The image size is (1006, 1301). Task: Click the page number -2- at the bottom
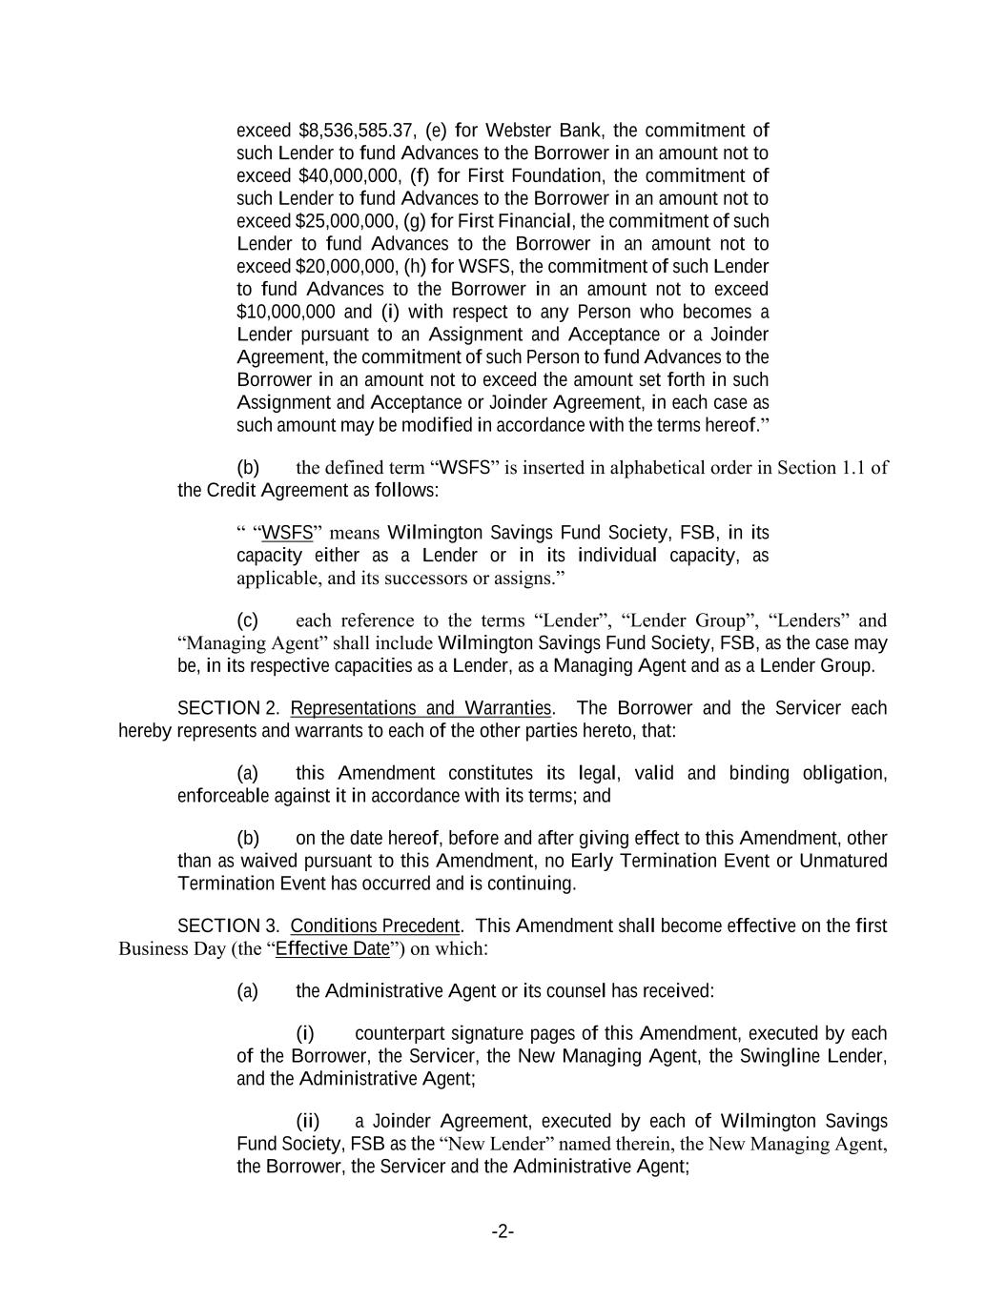[503, 1232]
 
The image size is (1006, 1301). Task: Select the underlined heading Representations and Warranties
[421, 709]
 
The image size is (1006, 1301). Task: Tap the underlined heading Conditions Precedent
[375, 926]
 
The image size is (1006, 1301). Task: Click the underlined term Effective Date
[333, 949]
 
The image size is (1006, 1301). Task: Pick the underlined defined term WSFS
[287, 533]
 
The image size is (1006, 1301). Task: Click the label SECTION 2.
[218, 709]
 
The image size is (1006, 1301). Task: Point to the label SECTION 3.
[219, 926]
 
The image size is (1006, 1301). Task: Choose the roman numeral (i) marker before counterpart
[305, 1034]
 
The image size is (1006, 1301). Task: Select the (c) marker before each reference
[247, 621]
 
